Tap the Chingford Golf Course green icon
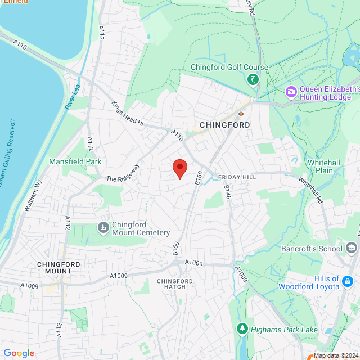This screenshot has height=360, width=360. click(x=254, y=79)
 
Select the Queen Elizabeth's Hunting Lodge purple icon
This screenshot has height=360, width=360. click(x=291, y=91)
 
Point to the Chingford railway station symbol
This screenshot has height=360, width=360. click(x=241, y=113)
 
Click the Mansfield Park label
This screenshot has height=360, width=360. click(x=75, y=161)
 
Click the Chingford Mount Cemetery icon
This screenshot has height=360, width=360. click(x=103, y=227)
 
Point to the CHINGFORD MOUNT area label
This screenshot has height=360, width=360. click(x=58, y=267)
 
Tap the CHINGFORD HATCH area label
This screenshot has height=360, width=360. click(x=171, y=284)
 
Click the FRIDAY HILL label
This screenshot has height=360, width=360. click(x=237, y=177)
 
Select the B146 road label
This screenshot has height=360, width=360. click(x=227, y=192)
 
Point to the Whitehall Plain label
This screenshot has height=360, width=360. click(x=323, y=166)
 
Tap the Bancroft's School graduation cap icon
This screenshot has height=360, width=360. click(x=352, y=248)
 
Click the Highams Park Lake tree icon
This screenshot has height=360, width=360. click(x=242, y=328)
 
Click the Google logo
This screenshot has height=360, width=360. click(x=19, y=353)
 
